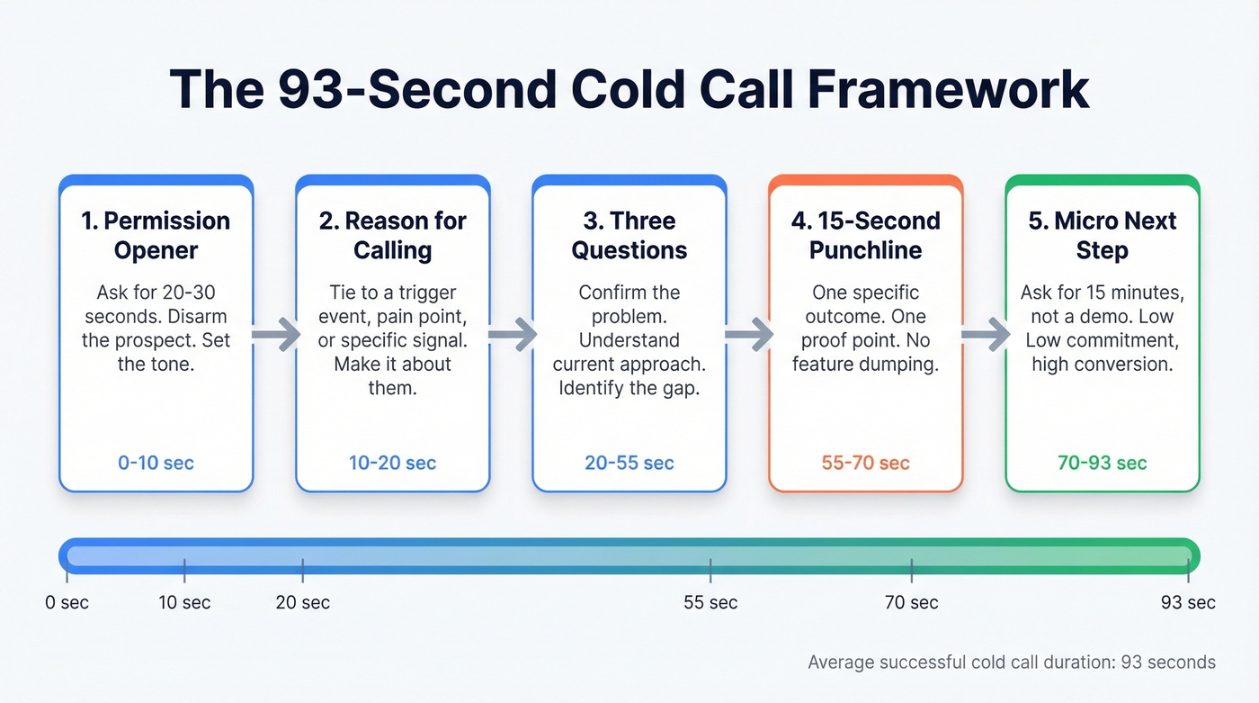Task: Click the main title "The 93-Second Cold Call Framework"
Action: pos(629,89)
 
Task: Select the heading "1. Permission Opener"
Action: pos(156,235)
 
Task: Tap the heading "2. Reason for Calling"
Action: pos(392,235)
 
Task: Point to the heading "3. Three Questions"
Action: pos(629,235)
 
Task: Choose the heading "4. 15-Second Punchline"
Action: pos(865,235)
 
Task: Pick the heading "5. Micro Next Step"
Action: pos(1102,235)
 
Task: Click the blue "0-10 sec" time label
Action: pos(156,464)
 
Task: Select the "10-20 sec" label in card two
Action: pos(392,464)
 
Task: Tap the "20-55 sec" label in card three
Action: pos(629,464)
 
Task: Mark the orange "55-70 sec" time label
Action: pos(865,464)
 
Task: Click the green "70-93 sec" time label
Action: pos(1102,464)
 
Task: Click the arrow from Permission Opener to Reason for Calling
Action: pos(275,335)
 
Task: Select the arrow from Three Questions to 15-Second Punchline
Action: pos(748,335)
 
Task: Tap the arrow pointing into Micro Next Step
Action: pos(985,335)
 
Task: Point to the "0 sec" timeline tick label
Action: pos(67,602)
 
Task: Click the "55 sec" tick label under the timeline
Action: pos(710,602)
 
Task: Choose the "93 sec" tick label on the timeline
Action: pos(1188,602)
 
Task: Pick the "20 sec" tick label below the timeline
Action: pos(302,602)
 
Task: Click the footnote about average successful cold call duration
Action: pos(1012,662)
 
